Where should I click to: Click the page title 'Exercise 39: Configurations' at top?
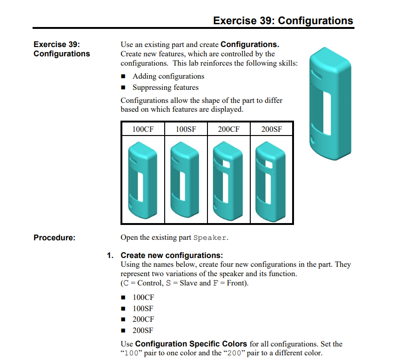point(283,21)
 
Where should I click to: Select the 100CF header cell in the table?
point(142,129)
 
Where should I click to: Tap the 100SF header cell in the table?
point(186,129)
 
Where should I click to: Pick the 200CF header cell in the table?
point(228,129)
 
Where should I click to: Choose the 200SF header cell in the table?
point(271,129)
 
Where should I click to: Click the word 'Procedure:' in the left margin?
point(54,238)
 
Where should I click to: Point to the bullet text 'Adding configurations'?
point(168,76)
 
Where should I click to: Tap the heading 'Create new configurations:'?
point(172,255)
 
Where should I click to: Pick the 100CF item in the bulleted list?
point(143,298)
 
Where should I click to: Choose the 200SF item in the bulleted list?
point(143,331)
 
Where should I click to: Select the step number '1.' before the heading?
point(110,255)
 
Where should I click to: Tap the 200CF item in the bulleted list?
point(143,319)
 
